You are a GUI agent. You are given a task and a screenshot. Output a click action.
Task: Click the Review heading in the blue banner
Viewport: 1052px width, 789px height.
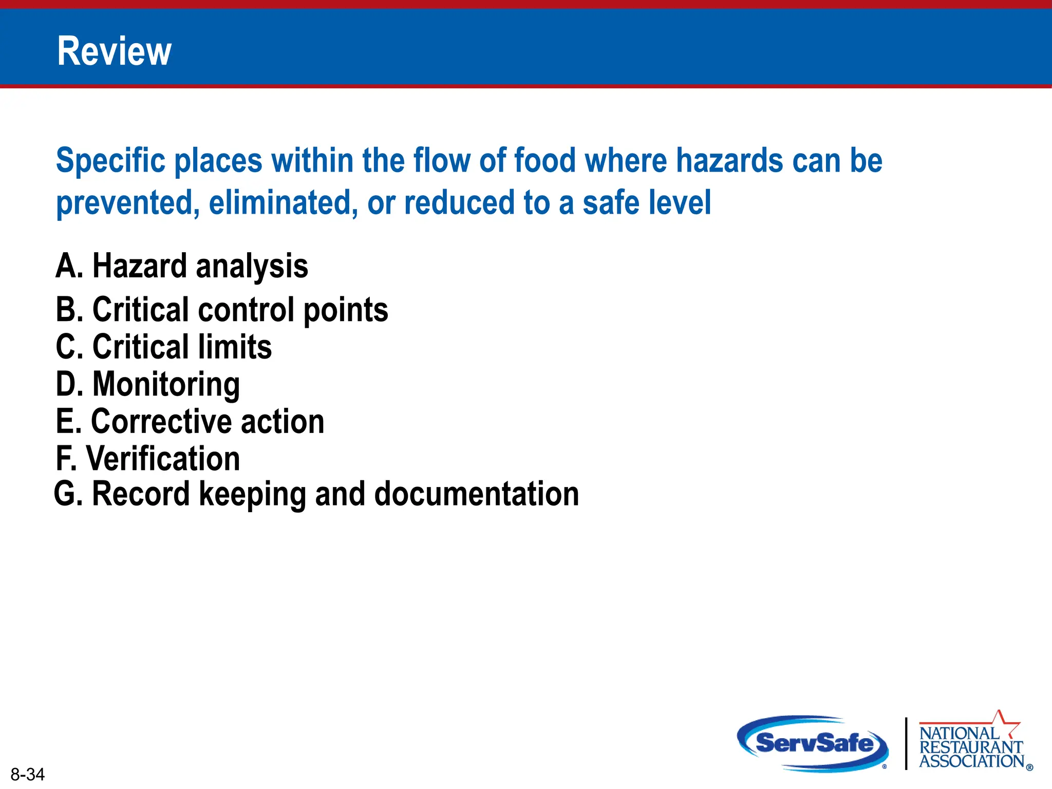pyautogui.click(x=114, y=51)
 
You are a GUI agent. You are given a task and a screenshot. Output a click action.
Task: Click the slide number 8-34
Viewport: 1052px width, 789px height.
pyautogui.click(x=28, y=774)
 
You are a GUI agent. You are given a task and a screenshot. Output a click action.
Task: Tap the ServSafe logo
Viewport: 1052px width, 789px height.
pyautogui.click(x=814, y=743)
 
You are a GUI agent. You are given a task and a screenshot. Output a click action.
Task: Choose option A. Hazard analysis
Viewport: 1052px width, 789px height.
pyautogui.click(x=182, y=266)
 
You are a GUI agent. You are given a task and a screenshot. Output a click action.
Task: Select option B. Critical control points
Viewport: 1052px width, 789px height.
pyautogui.click(x=222, y=310)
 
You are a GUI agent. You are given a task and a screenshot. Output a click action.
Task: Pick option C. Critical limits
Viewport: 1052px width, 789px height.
pyautogui.click(x=163, y=347)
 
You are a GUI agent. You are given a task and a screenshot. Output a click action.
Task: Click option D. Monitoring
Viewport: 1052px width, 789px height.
pyautogui.click(x=148, y=384)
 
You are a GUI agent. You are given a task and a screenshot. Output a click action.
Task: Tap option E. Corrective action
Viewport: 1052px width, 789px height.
pyautogui.click(x=190, y=422)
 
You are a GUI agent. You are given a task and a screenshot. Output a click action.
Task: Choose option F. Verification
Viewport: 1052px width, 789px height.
pyautogui.click(x=148, y=459)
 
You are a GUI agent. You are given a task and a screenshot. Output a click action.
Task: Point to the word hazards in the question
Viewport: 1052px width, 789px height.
pyautogui.click(x=729, y=161)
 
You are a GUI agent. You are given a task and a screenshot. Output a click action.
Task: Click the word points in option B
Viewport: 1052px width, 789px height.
pyautogui.click(x=346, y=311)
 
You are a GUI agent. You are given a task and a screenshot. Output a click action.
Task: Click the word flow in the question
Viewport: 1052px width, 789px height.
pyautogui.click(x=442, y=160)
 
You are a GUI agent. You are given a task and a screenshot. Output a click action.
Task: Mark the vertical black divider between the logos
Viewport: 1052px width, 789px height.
pyautogui.click(x=906, y=743)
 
